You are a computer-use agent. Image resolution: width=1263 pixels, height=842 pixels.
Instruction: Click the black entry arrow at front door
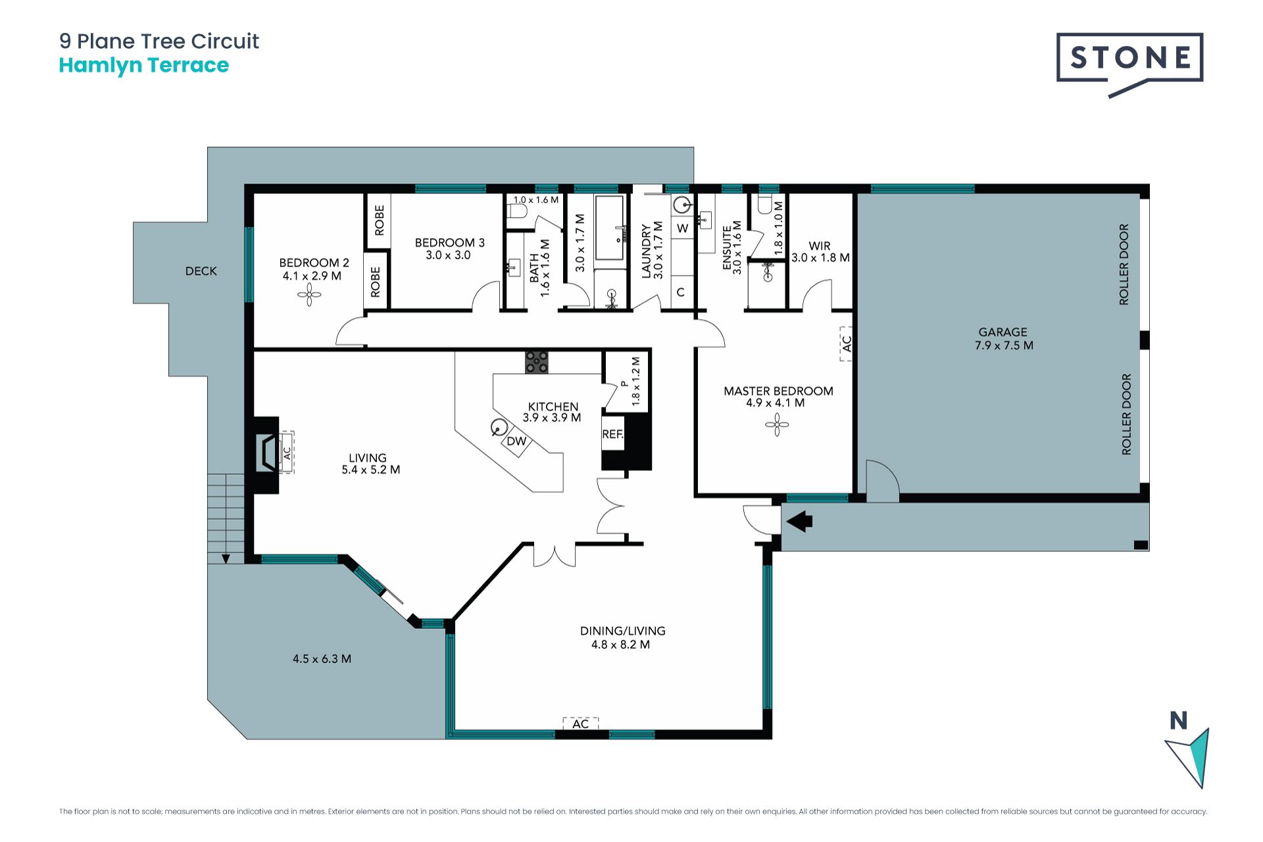(x=799, y=522)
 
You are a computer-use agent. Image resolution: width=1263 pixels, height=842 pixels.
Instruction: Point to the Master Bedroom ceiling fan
(x=777, y=425)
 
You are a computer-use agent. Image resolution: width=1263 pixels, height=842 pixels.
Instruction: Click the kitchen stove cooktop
(x=537, y=362)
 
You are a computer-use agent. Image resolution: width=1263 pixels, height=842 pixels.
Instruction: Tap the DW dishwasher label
(x=516, y=441)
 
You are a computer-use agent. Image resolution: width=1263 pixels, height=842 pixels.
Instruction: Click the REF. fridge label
(x=612, y=434)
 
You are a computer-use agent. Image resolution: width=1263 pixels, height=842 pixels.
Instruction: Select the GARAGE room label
(x=1003, y=332)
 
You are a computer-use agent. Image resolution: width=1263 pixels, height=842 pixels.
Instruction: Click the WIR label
(x=820, y=246)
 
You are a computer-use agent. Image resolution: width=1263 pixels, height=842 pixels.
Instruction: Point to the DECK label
(x=201, y=271)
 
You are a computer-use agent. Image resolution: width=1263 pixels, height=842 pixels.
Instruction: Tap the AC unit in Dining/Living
(x=581, y=724)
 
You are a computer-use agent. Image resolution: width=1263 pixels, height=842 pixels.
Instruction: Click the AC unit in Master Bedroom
(x=846, y=343)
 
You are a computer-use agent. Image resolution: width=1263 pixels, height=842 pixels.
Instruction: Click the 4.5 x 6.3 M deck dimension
(x=322, y=658)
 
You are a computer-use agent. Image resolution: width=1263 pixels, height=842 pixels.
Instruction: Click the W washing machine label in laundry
(x=683, y=228)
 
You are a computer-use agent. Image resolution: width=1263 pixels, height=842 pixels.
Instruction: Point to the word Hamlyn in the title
(x=100, y=66)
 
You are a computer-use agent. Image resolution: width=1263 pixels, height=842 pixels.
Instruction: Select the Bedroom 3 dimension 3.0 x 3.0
(x=448, y=255)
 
